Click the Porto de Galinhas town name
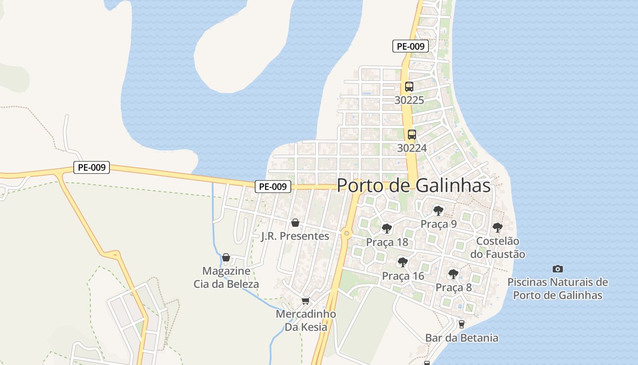click(x=413, y=186)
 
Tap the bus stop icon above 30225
click(x=409, y=87)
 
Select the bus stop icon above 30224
click(x=412, y=135)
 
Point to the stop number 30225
click(x=409, y=100)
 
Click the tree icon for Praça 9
click(x=438, y=211)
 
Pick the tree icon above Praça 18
click(x=387, y=229)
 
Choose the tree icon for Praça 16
click(x=402, y=262)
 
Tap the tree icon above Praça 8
click(x=453, y=274)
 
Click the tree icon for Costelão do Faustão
click(x=498, y=227)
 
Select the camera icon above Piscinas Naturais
click(x=557, y=269)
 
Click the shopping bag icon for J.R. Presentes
click(x=295, y=223)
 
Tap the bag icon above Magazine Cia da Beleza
click(x=226, y=257)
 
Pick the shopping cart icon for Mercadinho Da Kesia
click(x=306, y=301)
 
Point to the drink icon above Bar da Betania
click(x=462, y=324)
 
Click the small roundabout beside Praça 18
click(x=347, y=234)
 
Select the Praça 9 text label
click(x=438, y=224)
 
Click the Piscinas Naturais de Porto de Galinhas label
click(x=557, y=288)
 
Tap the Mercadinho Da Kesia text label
click(x=306, y=320)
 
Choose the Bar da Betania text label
click(x=462, y=338)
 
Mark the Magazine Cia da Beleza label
click(x=226, y=277)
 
